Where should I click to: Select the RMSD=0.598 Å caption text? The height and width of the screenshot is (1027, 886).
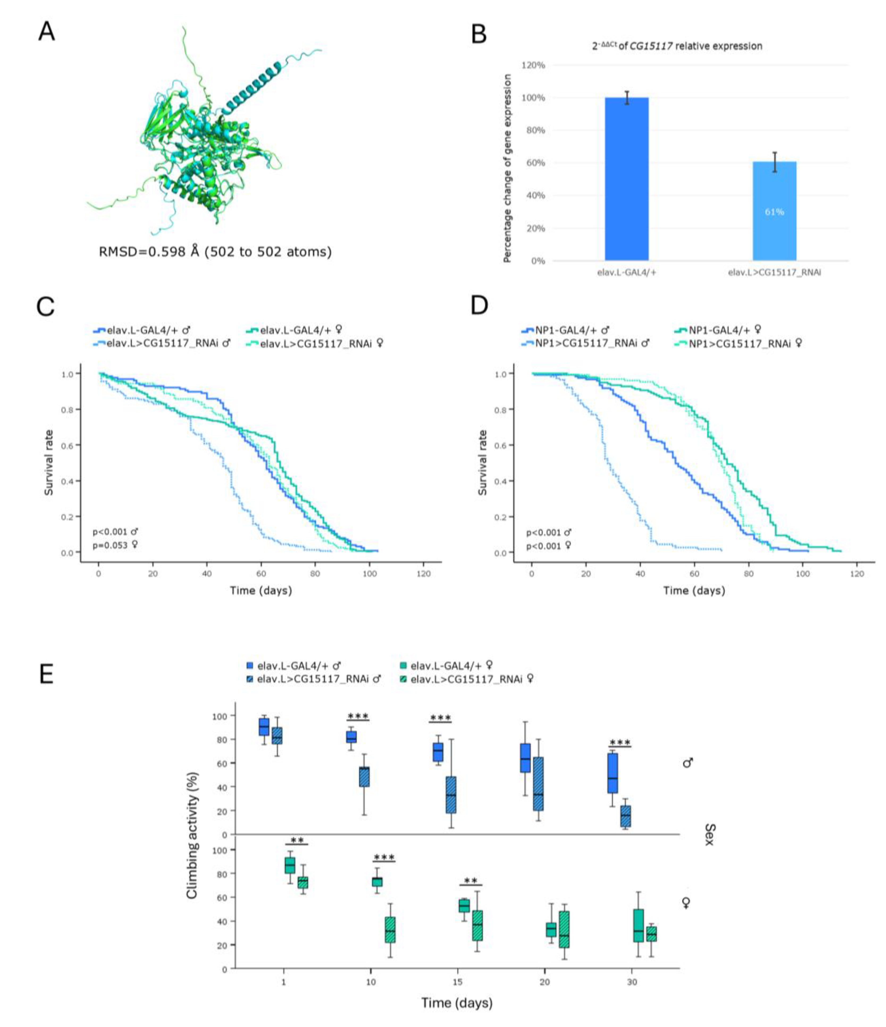click(215, 252)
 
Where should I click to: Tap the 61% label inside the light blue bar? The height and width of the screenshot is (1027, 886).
click(774, 212)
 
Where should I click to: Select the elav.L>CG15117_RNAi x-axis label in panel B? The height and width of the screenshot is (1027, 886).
click(774, 272)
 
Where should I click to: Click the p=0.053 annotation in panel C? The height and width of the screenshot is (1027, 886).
click(115, 545)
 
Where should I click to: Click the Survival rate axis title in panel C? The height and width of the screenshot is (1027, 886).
click(49, 463)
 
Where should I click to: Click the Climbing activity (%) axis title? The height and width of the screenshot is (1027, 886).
click(192, 835)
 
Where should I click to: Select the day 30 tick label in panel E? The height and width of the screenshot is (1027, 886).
click(632, 982)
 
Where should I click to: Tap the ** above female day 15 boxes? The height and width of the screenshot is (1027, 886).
click(471, 881)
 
